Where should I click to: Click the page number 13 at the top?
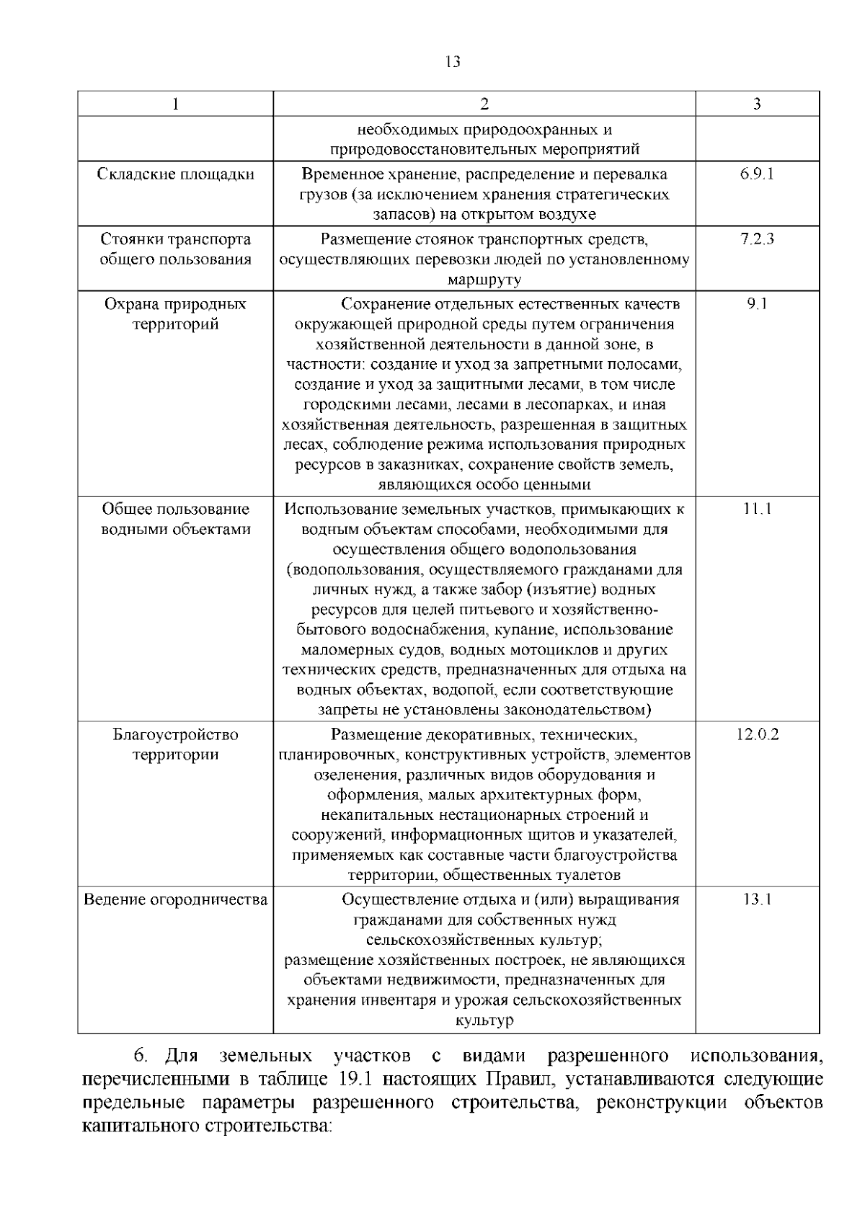pyautogui.click(x=453, y=62)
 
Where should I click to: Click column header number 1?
pyautogui.click(x=175, y=104)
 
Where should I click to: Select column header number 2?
pyautogui.click(x=484, y=104)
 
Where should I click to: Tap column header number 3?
pyautogui.click(x=757, y=104)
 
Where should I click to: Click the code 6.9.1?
pyautogui.click(x=757, y=174)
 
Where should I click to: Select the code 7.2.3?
pyautogui.click(x=757, y=239)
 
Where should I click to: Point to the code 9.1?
pyautogui.click(x=757, y=304)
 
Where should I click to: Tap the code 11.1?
pyautogui.click(x=757, y=509)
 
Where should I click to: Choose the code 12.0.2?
pyautogui.click(x=757, y=735)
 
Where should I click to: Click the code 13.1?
pyautogui.click(x=757, y=899)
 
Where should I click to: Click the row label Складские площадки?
pyautogui.click(x=175, y=174)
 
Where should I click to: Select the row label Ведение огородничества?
pyautogui.click(x=175, y=899)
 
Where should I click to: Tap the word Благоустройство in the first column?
pyautogui.click(x=175, y=735)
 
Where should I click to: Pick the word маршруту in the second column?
pyautogui.click(x=484, y=280)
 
